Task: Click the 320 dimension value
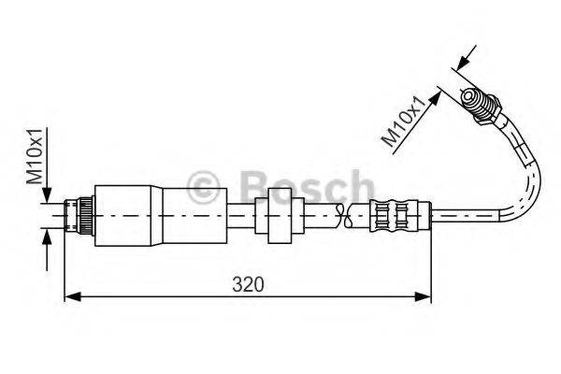pos(249,283)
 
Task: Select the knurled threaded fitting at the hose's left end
pos(79,217)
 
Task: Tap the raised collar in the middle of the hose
pos(280,216)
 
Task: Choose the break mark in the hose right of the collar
pos(347,217)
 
